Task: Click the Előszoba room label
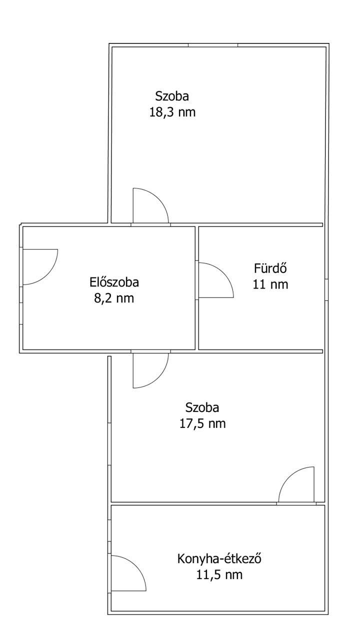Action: click(114, 282)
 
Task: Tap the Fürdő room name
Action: click(270, 268)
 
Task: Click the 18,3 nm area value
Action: click(172, 112)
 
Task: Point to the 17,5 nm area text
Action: click(202, 423)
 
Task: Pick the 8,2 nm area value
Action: click(114, 298)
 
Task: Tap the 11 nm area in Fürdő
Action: click(270, 284)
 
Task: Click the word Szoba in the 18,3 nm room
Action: click(172, 96)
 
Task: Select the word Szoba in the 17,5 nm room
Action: click(202, 407)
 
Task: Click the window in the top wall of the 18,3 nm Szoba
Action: click(213, 45)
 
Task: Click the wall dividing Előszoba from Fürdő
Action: click(197, 287)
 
